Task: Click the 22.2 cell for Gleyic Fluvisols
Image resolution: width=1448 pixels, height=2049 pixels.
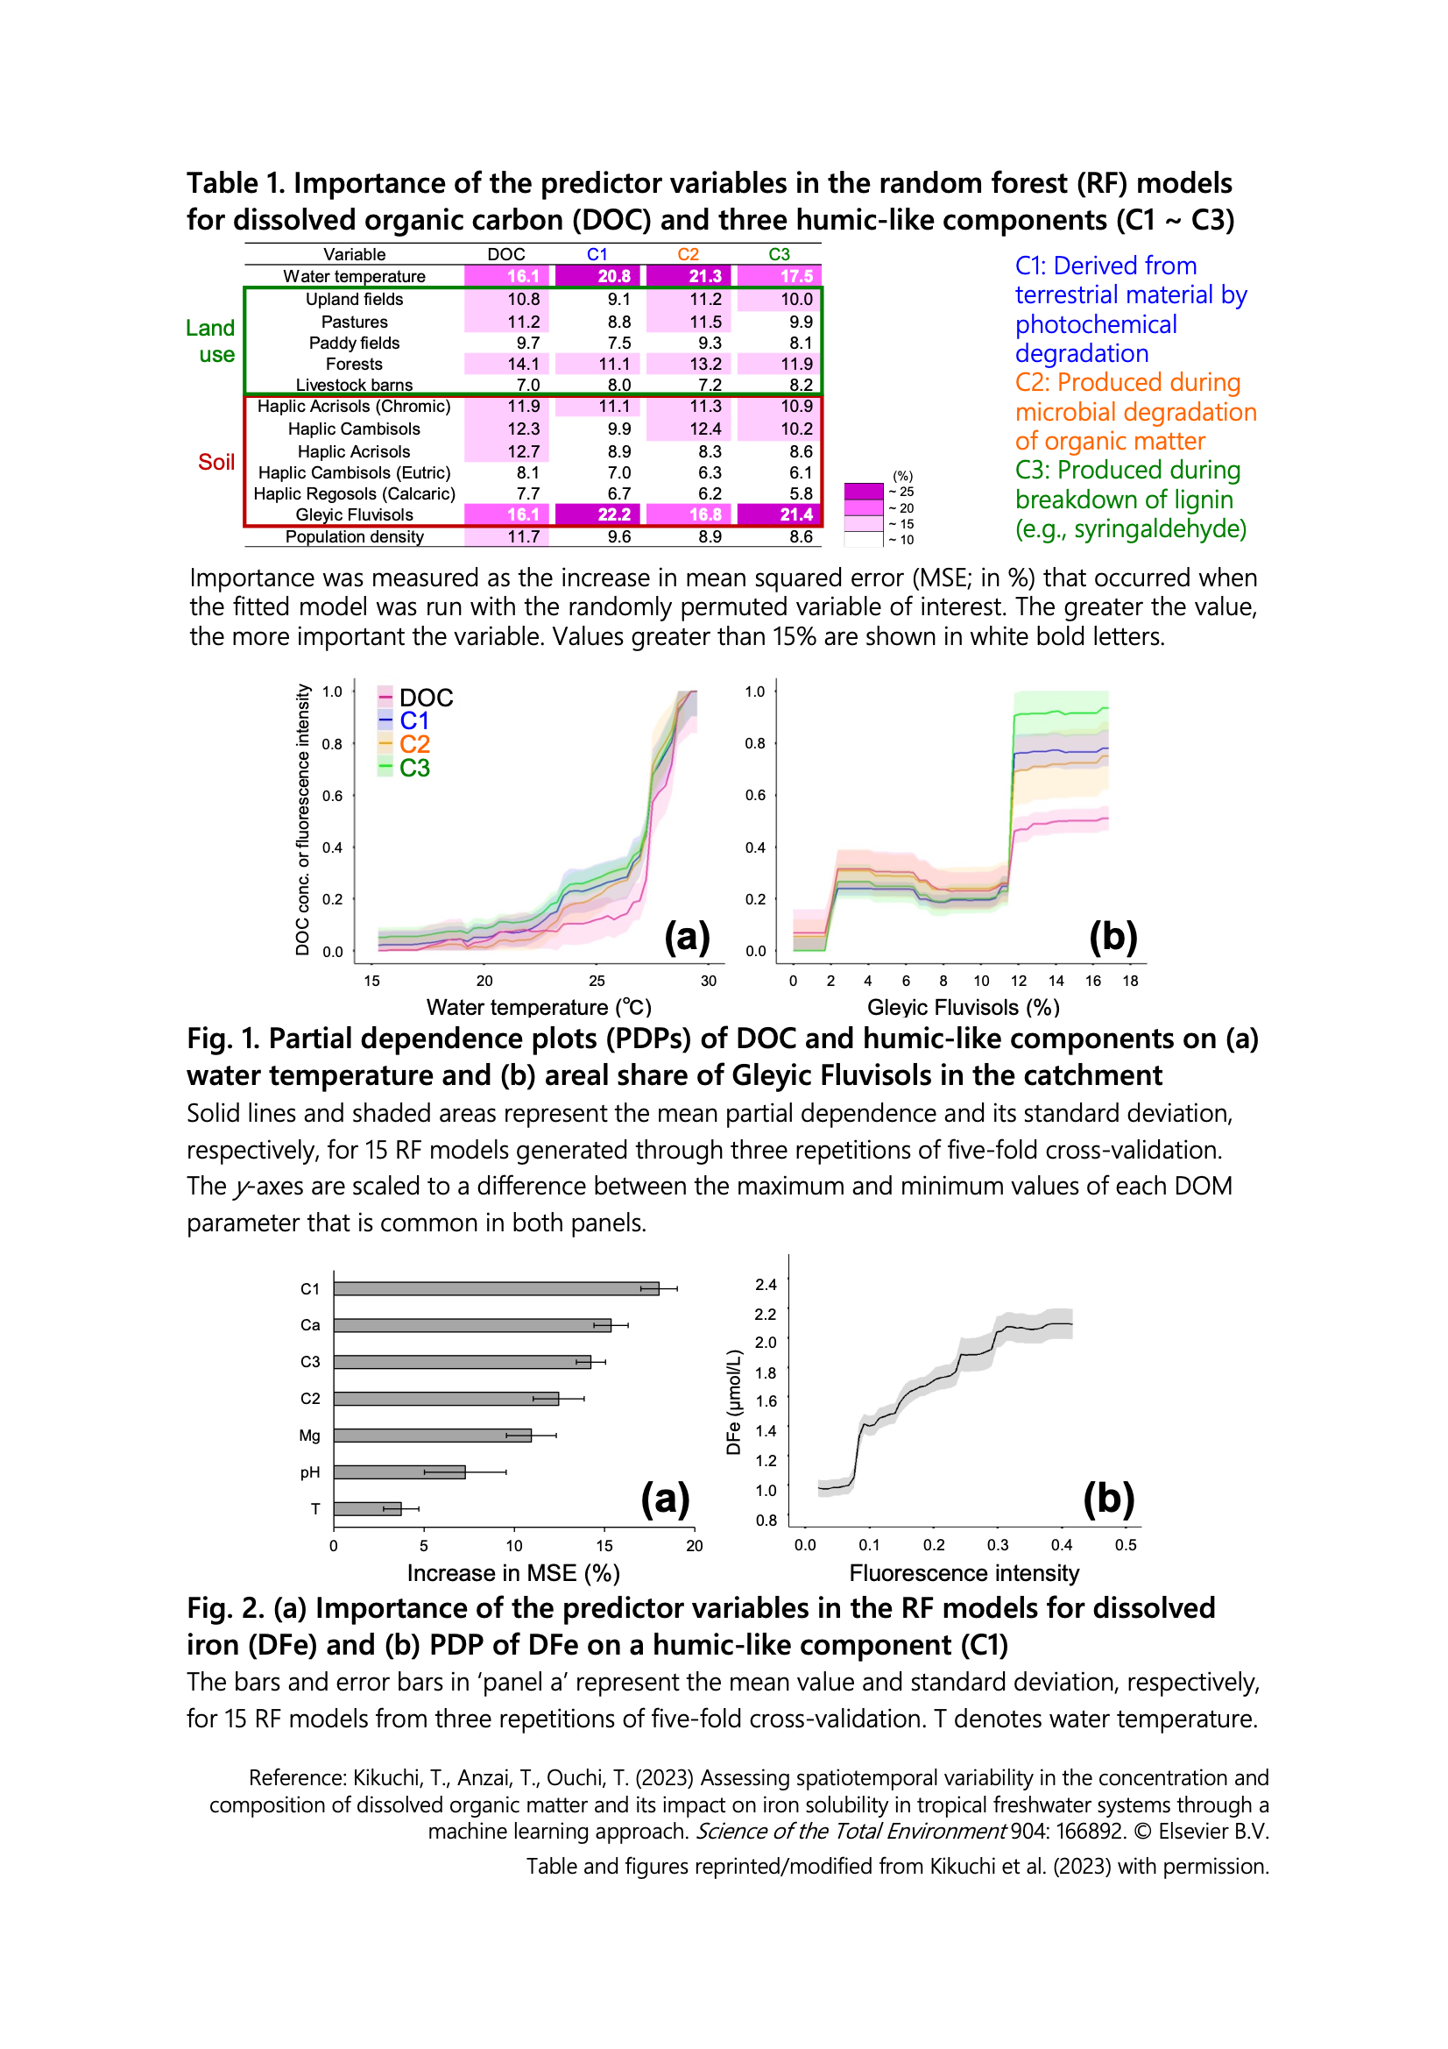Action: point(614,515)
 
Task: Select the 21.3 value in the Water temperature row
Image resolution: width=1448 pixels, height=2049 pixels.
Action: point(705,277)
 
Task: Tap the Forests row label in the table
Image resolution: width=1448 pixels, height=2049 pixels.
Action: point(354,364)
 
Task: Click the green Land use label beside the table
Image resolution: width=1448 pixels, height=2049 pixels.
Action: point(210,341)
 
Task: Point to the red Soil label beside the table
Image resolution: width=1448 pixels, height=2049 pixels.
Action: point(215,462)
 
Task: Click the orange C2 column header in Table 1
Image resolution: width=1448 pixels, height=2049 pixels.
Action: point(688,254)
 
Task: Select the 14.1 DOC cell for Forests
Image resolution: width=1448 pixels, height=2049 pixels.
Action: point(524,364)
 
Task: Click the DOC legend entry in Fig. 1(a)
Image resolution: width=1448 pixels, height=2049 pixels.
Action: point(426,698)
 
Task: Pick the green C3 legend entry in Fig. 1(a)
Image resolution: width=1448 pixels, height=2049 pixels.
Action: point(414,769)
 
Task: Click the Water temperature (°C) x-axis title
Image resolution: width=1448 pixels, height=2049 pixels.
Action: point(539,1008)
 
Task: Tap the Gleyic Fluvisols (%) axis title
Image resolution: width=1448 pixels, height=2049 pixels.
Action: point(964,1008)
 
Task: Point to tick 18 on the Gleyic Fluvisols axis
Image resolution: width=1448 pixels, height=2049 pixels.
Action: point(1130,981)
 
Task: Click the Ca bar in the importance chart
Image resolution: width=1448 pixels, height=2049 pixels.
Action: point(473,1326)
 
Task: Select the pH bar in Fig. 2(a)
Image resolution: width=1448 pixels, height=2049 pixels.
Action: point(399,1472)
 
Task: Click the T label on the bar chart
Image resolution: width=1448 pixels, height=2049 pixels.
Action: point(315,1509)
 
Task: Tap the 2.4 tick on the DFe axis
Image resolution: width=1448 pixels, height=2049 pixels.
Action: point(766,1285)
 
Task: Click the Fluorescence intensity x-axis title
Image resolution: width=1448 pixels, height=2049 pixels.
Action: point(964,1573)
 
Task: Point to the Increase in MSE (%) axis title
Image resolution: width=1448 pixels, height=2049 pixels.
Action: point(514,1573)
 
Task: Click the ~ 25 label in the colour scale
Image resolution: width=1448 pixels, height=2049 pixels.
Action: point(901,492)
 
